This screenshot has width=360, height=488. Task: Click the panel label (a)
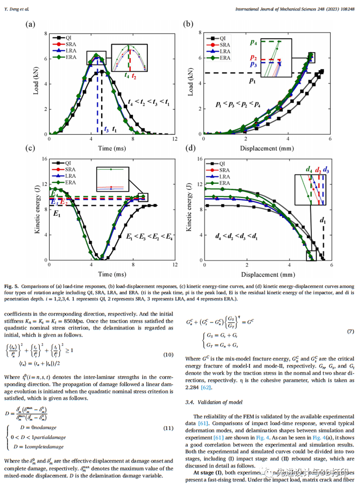pyautogui.click(x=30, y=24)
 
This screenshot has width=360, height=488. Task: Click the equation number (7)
pyautogui.click(x=350, y=332)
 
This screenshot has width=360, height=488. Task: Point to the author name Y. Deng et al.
pyautogui.click(x=18, y=9)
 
